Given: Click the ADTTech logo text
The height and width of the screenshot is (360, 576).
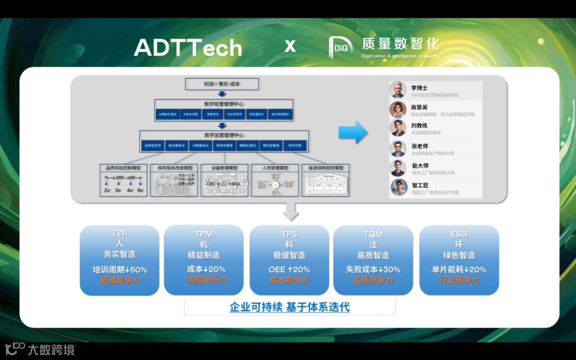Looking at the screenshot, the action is pyautogui.click(x=188, y=48).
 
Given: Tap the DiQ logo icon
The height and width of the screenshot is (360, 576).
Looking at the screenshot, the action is pyautogui.click(x=341, y=47).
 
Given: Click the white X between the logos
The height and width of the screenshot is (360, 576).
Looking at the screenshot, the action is pyautogui.click(x=290, y=46).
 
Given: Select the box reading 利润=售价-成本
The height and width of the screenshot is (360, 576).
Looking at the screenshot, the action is pyautogui.click(x=221, y=84).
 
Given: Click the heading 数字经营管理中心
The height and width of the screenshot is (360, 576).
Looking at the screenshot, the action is pyautogui.click(x=223, y=104).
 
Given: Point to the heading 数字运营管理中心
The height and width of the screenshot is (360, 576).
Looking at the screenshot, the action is pyautogui.click(x=223, y=135).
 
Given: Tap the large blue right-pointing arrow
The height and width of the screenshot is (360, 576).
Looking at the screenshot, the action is pyautogui.click(x=353, y=132).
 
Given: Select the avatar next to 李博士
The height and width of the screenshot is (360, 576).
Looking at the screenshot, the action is pyautogui.click(x=398, y=90).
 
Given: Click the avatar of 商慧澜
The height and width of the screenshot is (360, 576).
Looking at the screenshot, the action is pyautogui.click(x=398, y=110).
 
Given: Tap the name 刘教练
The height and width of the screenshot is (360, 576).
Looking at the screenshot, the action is pyautogui.click(x=419, y=125).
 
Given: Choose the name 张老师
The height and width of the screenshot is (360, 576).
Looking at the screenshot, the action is pyautogui.click(x=419, y=146).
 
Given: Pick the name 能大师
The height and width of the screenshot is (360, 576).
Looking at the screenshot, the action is pyautogui.click(x=419, y=166).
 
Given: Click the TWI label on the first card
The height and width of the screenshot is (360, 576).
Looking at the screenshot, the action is pyautogui.click(x=119, y=234).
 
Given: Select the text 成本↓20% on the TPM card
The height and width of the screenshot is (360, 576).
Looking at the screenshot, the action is pyautogui.click(x=206, y=269).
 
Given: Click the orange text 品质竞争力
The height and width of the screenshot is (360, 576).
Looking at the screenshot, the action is pyautogui.click(x=373, y=280).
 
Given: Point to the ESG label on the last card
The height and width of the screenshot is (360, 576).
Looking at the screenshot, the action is pyautogui.click(x=459, y=234).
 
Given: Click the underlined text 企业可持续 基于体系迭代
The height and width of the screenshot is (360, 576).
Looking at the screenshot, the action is pyautogui.click(x=290, y=307).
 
